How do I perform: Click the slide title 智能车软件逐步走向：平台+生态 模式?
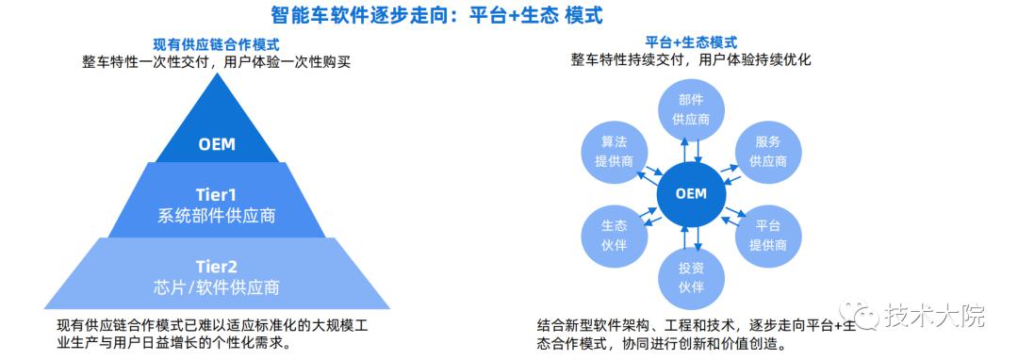[437, 14]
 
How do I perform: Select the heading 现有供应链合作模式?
[216, 44]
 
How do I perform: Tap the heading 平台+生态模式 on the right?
[691, 42]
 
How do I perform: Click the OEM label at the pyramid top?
[217, 144]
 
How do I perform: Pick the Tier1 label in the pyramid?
[217, 194]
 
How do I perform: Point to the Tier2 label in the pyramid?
[217, 266]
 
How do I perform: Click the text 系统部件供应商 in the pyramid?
[217, 216]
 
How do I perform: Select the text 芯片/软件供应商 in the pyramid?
[217, 286]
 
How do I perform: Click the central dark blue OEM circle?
[691, 194]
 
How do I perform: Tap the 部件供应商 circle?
[691, 109]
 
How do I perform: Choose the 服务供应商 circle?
[768, 152]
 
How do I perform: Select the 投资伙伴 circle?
[691, 277]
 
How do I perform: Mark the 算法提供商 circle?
[614, 152]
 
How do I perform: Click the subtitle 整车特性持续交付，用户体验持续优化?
[691, 60]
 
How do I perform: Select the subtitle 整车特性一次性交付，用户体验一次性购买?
[217, 62]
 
